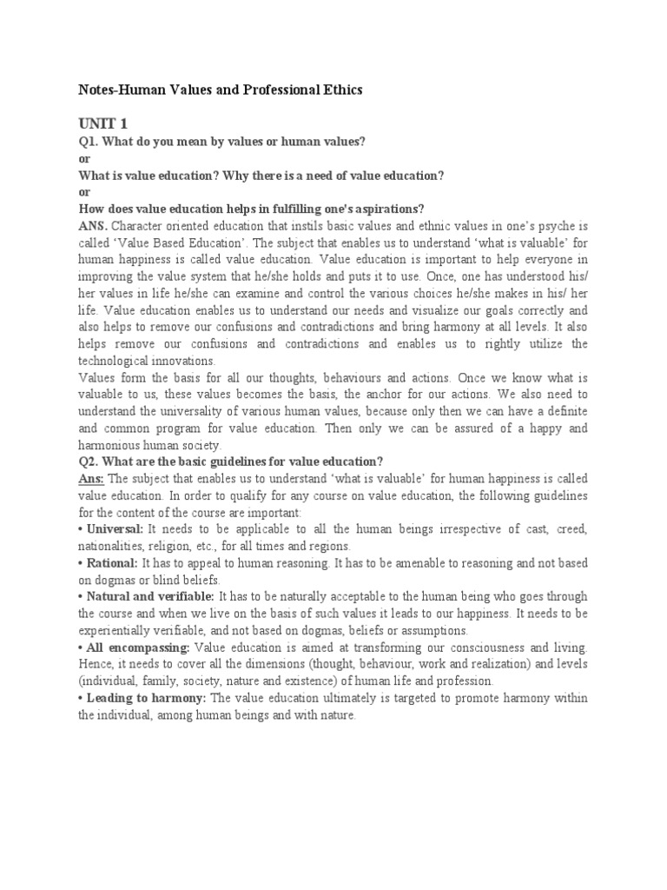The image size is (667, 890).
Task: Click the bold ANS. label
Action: pyautogui.click(x=94, y=226)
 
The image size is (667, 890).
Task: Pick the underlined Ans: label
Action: pyautogui.click(x=92, y=478)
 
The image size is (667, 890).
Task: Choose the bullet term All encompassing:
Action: pyautogui.click(x=138, y=647)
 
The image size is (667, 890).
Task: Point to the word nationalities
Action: pyautogui.click(x=116, y=546)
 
